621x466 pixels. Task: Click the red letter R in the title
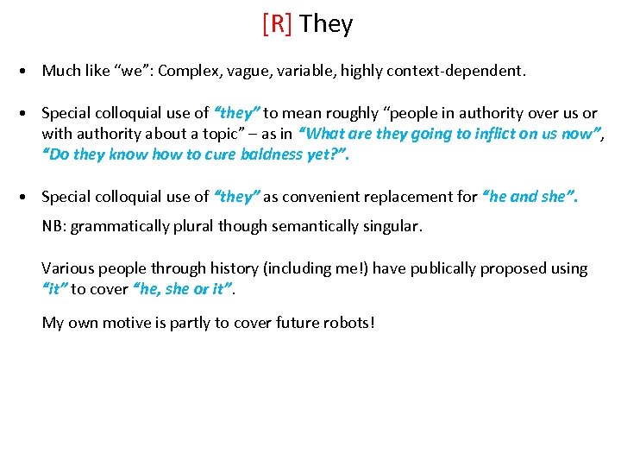point(277,24)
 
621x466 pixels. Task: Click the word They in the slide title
point(326,24)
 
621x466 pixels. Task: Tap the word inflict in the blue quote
point(494,134)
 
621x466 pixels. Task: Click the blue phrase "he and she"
point(530,197)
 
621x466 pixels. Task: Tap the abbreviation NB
point(53,226)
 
